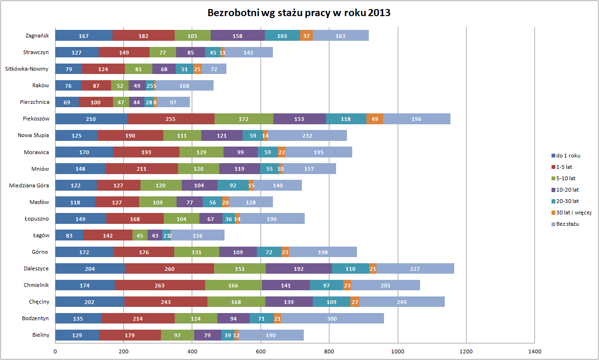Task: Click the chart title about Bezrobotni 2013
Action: tap(299, 13)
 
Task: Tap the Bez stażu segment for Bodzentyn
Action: tap(332, 318)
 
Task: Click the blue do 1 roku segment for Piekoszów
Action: tap(91, 119)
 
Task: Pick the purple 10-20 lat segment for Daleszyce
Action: tap(299, 268)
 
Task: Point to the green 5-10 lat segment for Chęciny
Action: tap(236, 302)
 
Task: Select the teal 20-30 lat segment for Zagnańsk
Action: tap(282, 36)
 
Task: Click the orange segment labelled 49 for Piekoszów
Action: tap(374, 119)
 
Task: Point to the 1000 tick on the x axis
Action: tap(397, 351)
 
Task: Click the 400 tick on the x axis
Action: tap(192, 351)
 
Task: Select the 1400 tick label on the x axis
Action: tap(534, 351)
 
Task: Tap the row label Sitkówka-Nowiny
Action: tap(27, 69)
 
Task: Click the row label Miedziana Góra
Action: tap(29, 185)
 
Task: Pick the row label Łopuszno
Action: tap(37, 218)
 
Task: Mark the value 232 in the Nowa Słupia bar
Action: tap(307, 136)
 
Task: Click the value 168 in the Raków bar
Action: tap(184, 85)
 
